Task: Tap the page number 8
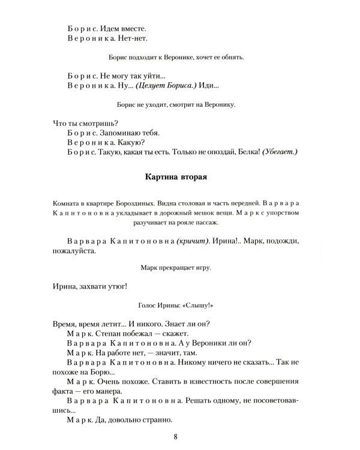[175, 436]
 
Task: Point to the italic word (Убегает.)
[279, 152]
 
